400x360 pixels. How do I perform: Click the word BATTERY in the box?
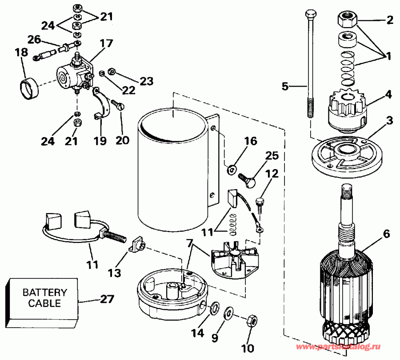(x=44, y=293)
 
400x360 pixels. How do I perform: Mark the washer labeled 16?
(x=232, y=169)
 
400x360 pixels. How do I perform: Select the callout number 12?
(x=272, y=174)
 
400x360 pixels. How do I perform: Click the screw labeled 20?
(x=119, y=107)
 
